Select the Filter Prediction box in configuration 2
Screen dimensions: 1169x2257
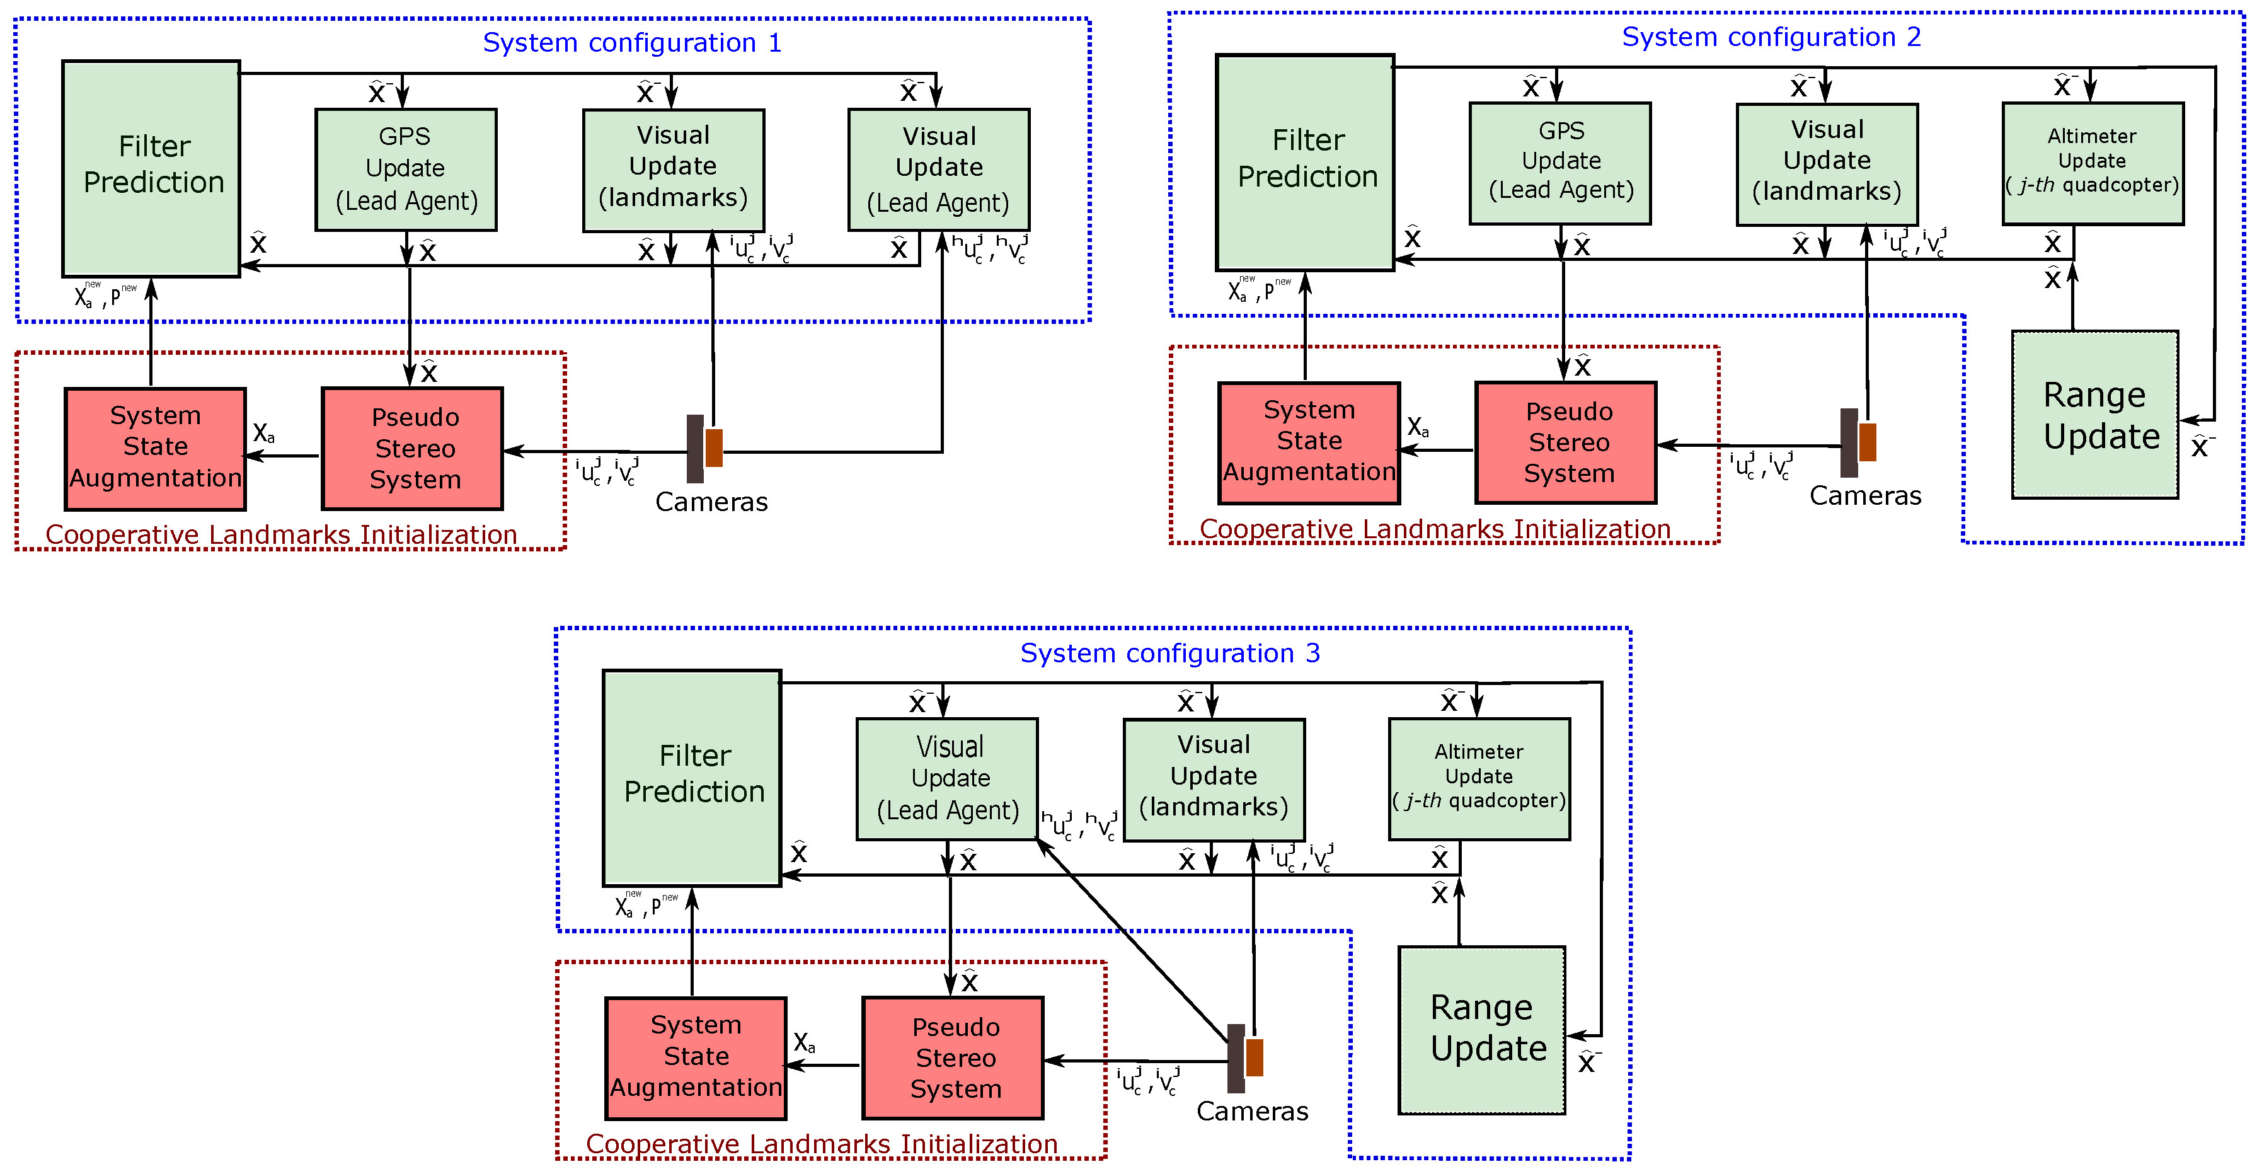coord(1306,162)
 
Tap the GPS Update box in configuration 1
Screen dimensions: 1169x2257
coord(406,169)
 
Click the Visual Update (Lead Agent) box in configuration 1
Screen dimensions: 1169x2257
coord(938,169)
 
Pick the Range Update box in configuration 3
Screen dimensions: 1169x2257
coord(1481,1029)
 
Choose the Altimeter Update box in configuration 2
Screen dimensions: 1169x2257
coord(2093,163)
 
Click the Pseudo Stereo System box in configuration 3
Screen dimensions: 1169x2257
coord(953,1057)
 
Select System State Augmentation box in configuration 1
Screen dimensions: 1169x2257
coord(155,448)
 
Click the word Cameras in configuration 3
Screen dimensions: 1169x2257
coord(1252,1111)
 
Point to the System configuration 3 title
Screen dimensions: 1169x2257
coord(1169,653)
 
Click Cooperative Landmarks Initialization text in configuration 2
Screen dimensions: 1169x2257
coord(1434,529)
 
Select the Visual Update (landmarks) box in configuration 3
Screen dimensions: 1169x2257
coord(1214,779)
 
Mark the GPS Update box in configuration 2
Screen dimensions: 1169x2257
coord(1561,163)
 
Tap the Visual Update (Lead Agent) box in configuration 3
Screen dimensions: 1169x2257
coord(947,778)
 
